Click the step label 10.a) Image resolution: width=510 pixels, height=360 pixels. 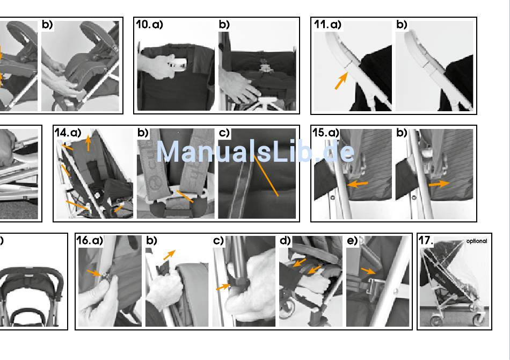point(149,25)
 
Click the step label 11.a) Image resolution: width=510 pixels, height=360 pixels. point(327,25)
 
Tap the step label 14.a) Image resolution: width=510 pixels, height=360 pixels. point(68,133)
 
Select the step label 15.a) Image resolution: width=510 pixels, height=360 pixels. point(325,133)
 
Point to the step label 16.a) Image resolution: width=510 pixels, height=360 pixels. point(90,241)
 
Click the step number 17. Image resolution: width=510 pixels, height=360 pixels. point(425,241)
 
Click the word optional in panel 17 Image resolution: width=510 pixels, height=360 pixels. point(477,241)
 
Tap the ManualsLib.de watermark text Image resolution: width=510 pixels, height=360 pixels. point(256,152)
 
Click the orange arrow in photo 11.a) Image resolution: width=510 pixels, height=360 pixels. point(341,81)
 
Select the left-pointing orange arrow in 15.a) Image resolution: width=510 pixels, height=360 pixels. point(358,184)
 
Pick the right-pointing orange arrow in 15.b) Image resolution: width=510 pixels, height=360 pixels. point(439,184)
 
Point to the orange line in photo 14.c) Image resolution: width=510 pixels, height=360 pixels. point(266,176)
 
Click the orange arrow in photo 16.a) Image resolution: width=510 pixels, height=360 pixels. point(94,273)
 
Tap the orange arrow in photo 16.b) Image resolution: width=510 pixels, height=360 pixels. point(169,255)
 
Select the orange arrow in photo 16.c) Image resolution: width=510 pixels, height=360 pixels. point(223,287)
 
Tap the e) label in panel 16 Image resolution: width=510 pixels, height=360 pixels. point(352,241)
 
